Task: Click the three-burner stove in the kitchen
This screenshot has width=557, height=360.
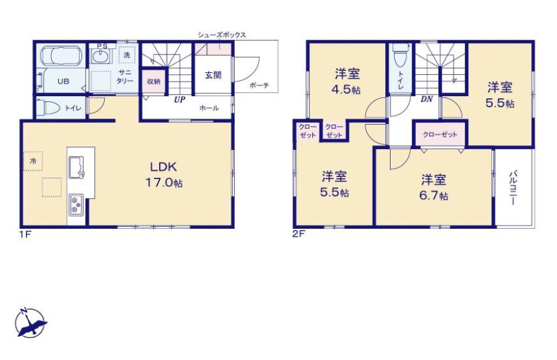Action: [x=76, y=205]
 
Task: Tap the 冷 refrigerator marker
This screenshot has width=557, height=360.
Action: [x=33, y=161]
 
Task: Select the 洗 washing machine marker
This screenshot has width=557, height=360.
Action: [x=127, y=54]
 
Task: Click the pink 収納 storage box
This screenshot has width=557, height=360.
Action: [x=154, y=82]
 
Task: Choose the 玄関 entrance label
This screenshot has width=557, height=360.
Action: [x=213, y=75]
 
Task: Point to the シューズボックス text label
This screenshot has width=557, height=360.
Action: [x=221, y=34]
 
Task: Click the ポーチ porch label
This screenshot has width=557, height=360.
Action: [x=259, y=86]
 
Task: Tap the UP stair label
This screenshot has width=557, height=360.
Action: [x=180, y=99]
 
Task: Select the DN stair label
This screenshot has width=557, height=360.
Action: [x=426, y=99]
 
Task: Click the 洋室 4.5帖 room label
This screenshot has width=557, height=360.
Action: [x=347, y=82]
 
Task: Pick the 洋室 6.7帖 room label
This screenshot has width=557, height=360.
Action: [x=434, y=187]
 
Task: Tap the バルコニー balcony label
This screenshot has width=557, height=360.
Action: [x=513, y=188]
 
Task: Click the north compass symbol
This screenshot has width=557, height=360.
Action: [x=31, y=323]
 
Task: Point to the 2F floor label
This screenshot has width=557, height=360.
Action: [x=299, y=234]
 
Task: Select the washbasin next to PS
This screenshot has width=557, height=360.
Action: [x=102, y=56]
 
